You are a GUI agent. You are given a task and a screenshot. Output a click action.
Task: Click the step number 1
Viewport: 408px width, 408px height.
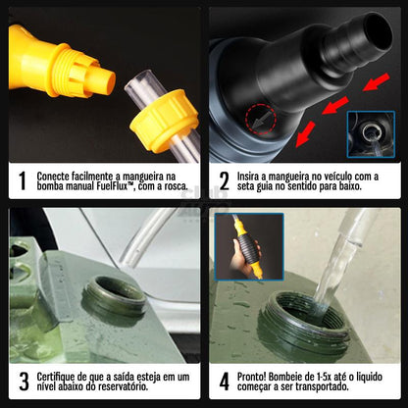pos(22,181)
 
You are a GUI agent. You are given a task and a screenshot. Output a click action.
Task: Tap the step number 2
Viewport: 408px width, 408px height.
pos(224,181)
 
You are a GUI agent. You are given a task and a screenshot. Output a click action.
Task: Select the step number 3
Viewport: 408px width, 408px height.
pos(22,380)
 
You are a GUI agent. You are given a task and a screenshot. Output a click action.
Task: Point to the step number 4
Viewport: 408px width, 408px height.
pos(224,380)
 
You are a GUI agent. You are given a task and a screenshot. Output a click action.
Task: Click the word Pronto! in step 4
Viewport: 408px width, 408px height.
pos(254,375)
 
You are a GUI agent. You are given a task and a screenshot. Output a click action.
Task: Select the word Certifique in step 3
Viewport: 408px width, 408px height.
pos(58,375)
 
